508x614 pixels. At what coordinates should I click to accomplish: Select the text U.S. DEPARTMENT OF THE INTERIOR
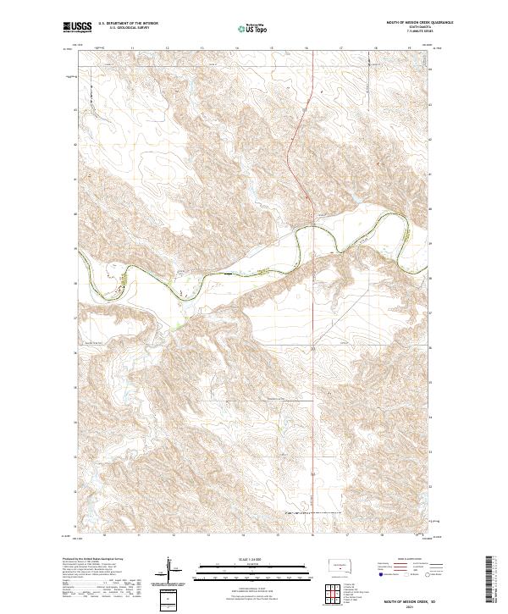coord(130,25)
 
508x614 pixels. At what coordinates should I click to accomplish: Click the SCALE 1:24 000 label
coord(253,557)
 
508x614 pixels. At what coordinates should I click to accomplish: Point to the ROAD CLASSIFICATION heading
coord(405,560)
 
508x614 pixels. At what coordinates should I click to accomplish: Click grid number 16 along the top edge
coord(306,49)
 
